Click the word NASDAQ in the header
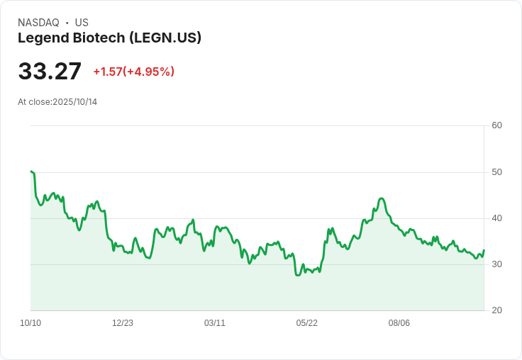click(38, 23)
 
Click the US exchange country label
click(82, 23)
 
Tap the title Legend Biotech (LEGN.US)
click(109, 38)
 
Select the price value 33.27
click(50, 72)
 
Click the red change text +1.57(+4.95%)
click(133, 72)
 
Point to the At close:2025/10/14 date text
click(57, 102)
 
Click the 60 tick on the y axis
click(497, 125)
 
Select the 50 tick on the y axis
click(497, 172)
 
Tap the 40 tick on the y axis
click(497, 218)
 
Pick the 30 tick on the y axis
click(497, 264)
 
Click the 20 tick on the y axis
click(497, 310)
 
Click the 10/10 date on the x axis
click(30, 323)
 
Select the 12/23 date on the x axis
click(123, 323)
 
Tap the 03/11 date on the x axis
click(215, 323)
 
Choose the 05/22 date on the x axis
click(307, 323)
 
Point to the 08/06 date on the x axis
click(399, 323)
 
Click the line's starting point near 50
click(31, 171)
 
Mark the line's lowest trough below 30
click(297, 275)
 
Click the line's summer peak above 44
click(382, 198)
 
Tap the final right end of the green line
click(484, 250)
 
